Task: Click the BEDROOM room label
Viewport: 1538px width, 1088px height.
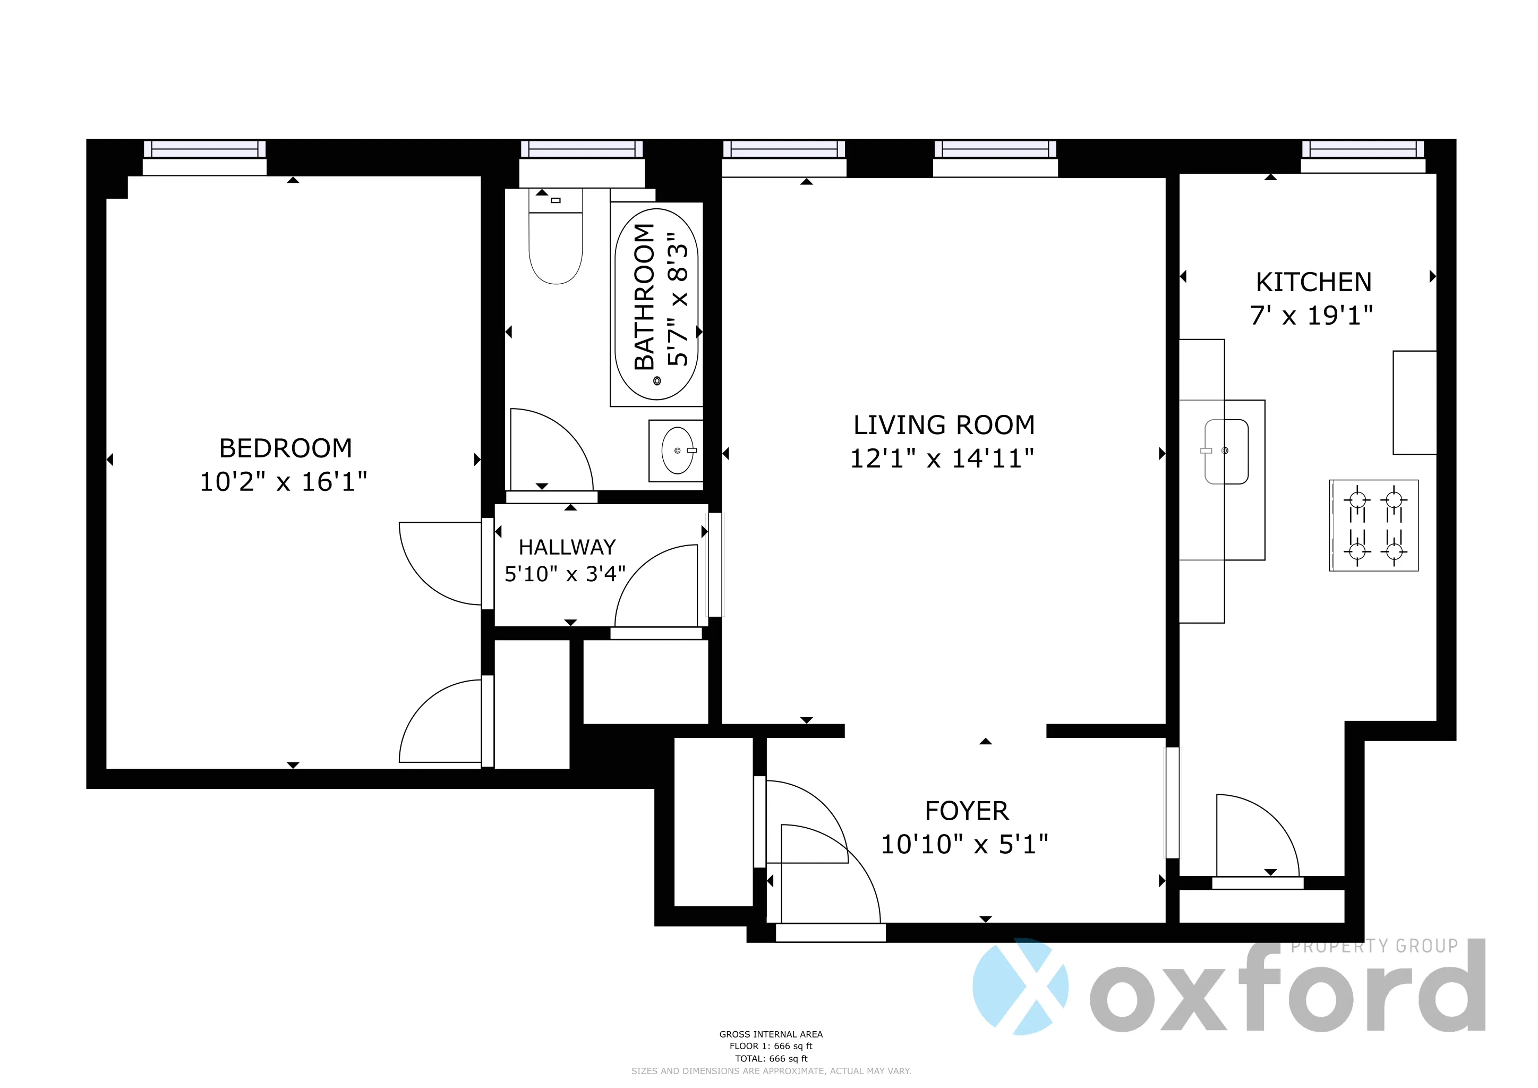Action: coord(285,448)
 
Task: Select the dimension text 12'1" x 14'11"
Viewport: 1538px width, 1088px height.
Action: coord(942,459)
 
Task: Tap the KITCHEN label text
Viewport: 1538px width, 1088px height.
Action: coord(1313,282)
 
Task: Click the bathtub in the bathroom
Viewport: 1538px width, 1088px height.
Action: coord(656,305)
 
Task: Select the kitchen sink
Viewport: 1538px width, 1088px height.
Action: coord(1226,452)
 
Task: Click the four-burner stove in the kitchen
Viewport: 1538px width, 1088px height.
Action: coord(1374,526)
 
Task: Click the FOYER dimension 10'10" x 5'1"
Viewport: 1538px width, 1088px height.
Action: coord(964,845)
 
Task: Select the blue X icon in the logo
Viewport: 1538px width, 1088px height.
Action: coord(1020,985)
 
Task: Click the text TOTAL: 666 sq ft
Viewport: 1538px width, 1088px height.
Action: coord(771,1059)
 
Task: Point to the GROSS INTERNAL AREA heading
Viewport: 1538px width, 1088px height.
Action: coord(771,1034)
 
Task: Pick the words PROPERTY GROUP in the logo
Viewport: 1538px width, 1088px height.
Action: coord(1374,946)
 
